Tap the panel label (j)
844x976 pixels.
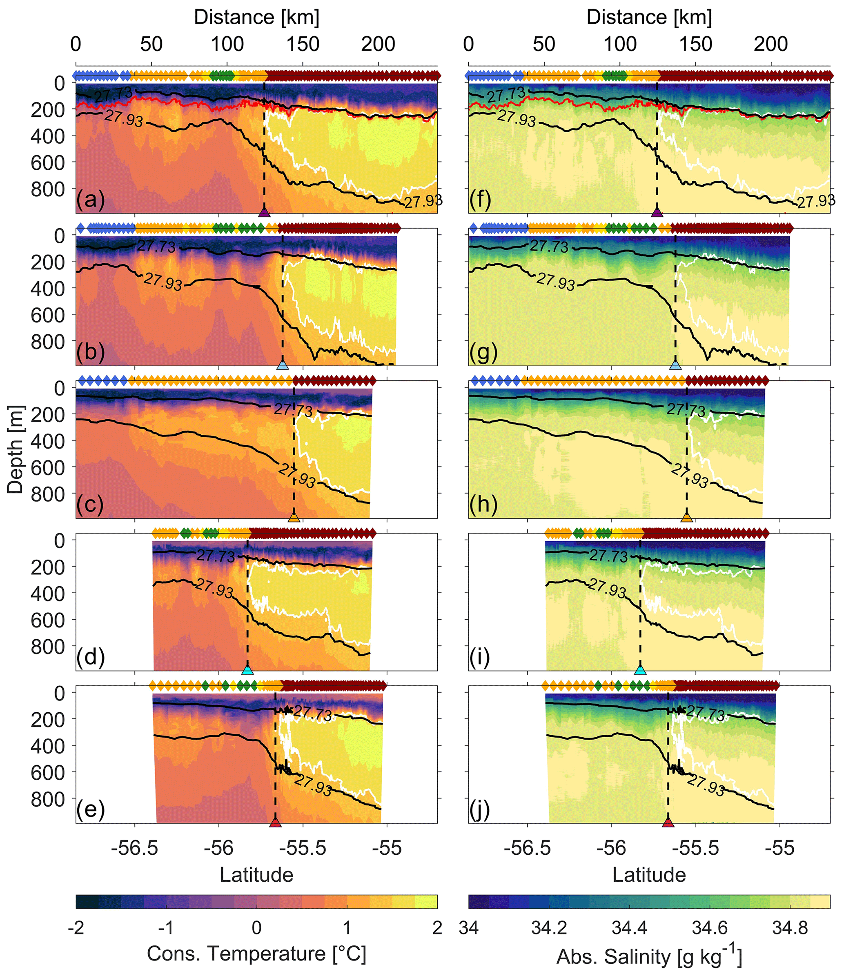pos(480,811)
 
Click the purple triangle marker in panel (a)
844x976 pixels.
pos(264,212)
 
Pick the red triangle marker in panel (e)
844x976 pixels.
pos(275,823)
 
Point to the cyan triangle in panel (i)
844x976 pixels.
pos(640,670)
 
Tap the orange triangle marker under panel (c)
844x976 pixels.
pos(294,517)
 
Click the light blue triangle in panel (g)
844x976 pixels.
pos(675,365)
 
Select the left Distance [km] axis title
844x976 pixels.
pos(256,18)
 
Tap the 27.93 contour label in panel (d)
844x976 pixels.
pos(214,587)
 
